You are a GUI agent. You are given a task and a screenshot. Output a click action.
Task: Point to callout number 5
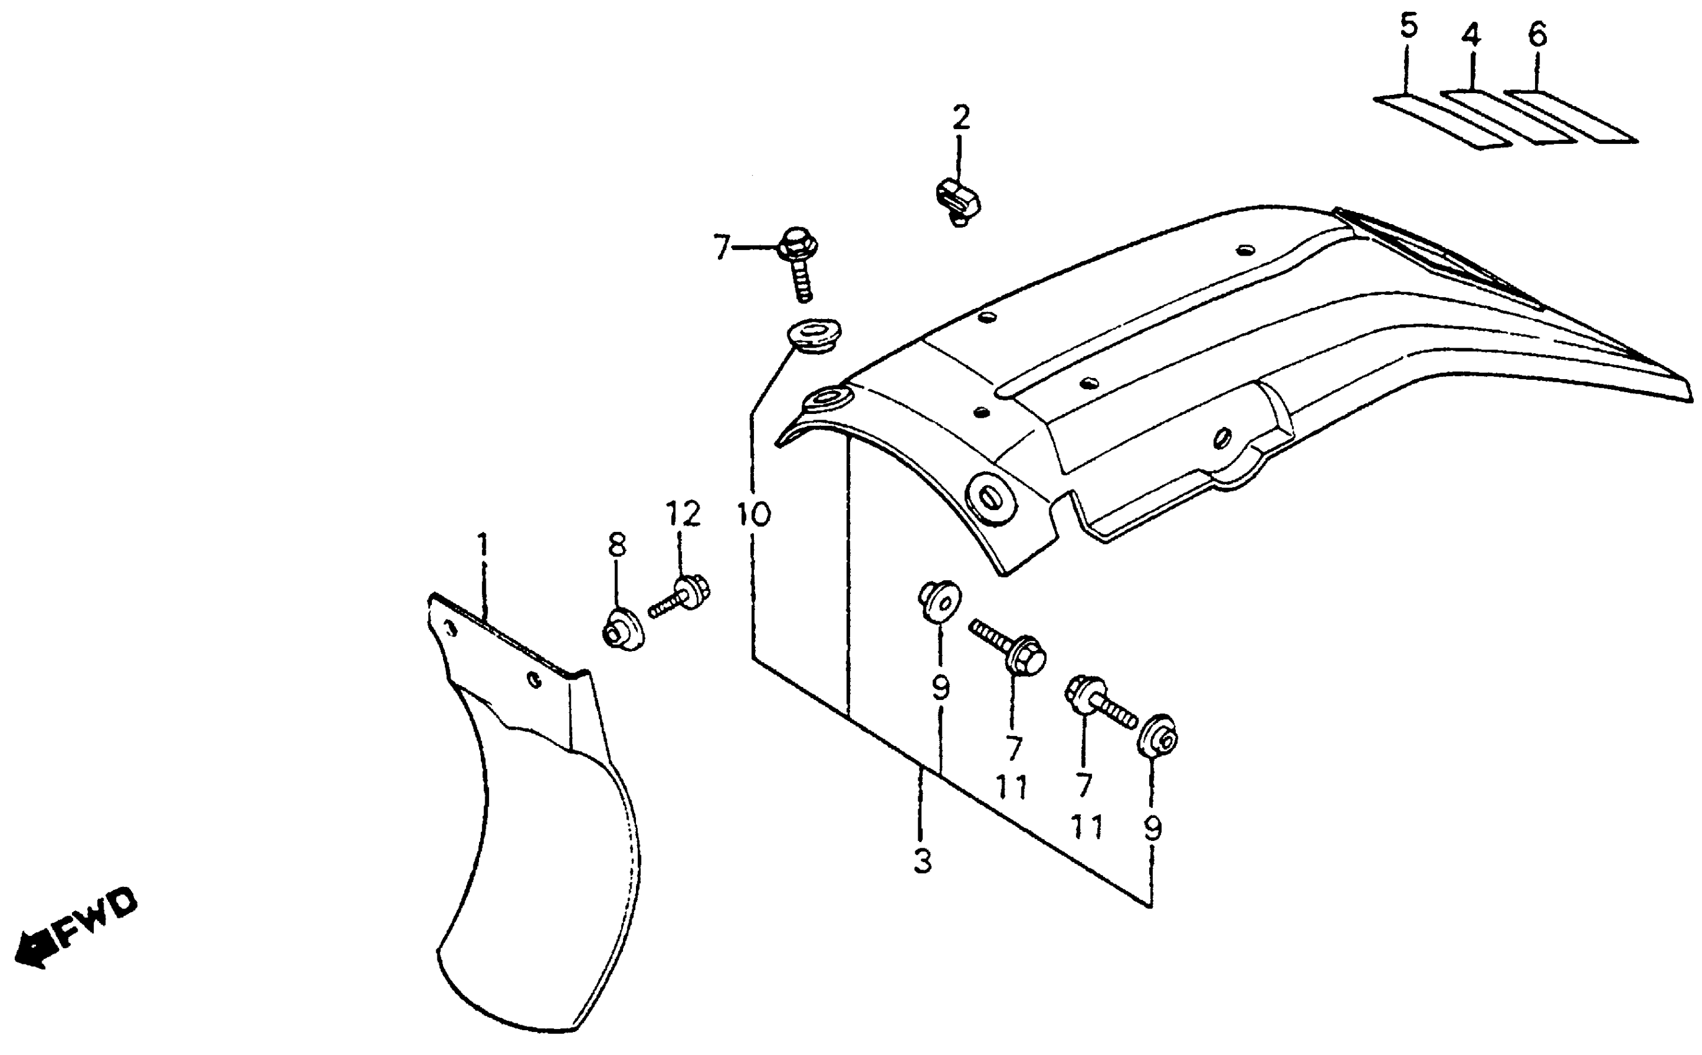pyautogui.click(x=1409, y=27)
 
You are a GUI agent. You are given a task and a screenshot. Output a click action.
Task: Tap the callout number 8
pyautogui.click(x=617, y=545)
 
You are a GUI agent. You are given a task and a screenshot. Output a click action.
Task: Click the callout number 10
pyautogui.click(x=753, y=515)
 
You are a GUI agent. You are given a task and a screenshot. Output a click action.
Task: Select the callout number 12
pyautogui.click(x=682, y=514)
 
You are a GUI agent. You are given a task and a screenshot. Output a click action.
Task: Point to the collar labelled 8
pyautogui.click(x=623, y=629)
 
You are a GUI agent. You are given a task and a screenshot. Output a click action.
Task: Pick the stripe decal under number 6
pyautogui.click(x=1569, y=117)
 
